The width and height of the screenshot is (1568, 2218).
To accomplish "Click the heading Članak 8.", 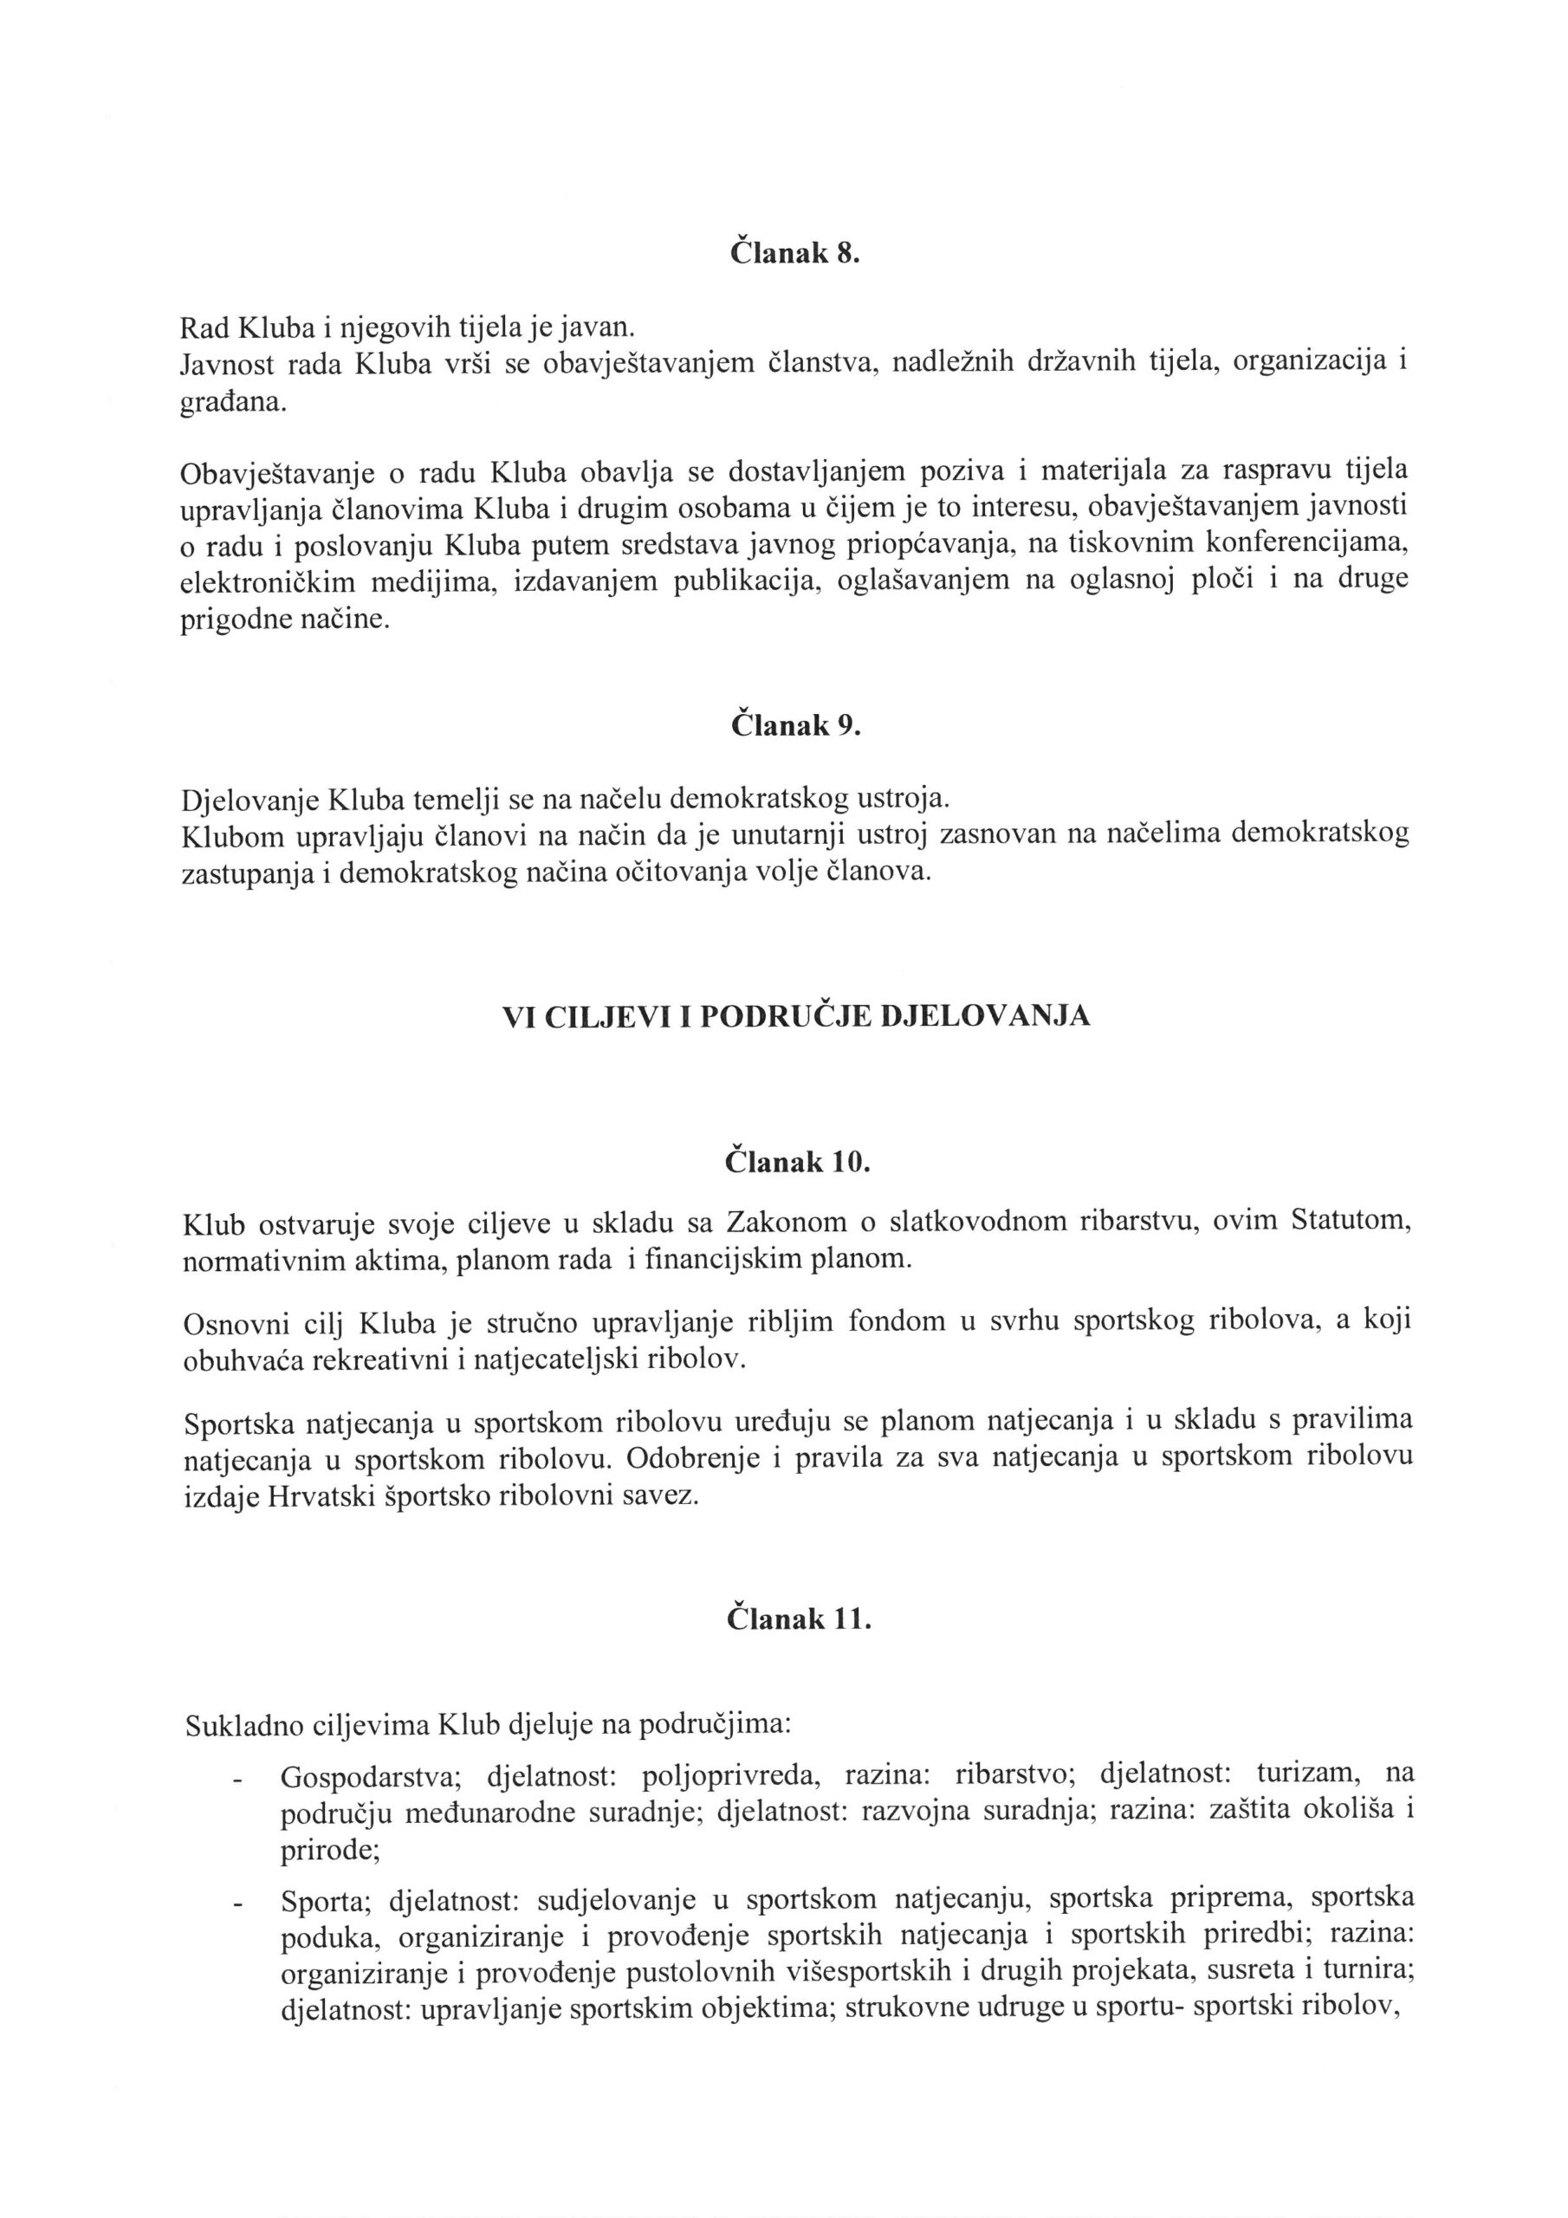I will coord(794,254).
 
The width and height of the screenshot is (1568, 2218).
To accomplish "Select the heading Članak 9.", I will coord(795,725).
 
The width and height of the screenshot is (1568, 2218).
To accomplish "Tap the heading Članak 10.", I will coord(798,1161).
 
